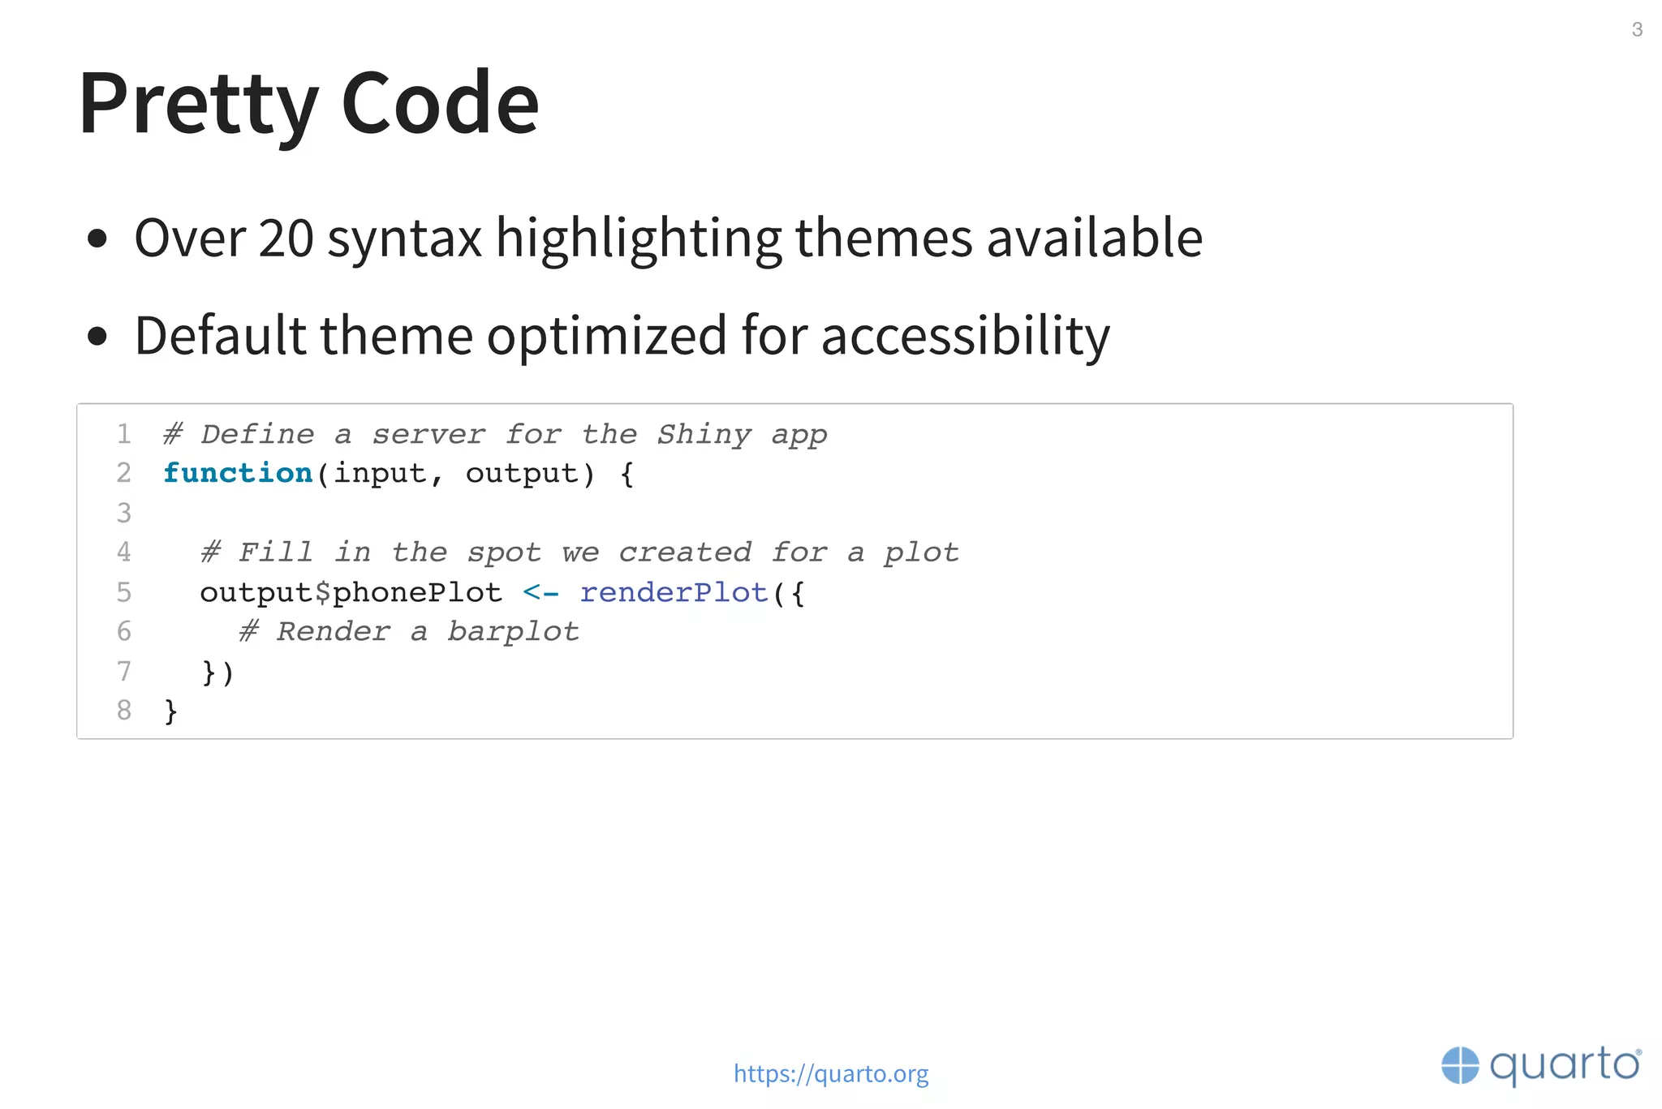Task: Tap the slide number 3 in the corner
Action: [1637, 30]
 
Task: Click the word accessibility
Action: [965, 336]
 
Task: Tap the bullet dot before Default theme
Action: [97, 337]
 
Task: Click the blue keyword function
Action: [238, 473]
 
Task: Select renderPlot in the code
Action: [674, 592]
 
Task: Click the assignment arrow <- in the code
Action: [540, 592]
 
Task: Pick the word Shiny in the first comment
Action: [704, 435]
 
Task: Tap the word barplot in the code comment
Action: [513, 632]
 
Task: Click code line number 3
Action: [123, 513]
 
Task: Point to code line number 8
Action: [123, 711]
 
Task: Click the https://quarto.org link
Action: [831, 1073]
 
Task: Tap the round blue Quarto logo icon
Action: [1460, 1065]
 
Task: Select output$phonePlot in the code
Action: [351, 592]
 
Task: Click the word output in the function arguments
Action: [522, 473]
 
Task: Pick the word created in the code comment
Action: [685, 552]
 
